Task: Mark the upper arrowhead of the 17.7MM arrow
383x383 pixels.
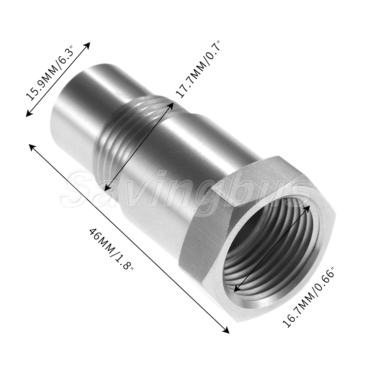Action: point(171,106)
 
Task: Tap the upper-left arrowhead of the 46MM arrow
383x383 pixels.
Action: point(33,147)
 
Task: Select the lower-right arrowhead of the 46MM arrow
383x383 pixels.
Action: point(226,330)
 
